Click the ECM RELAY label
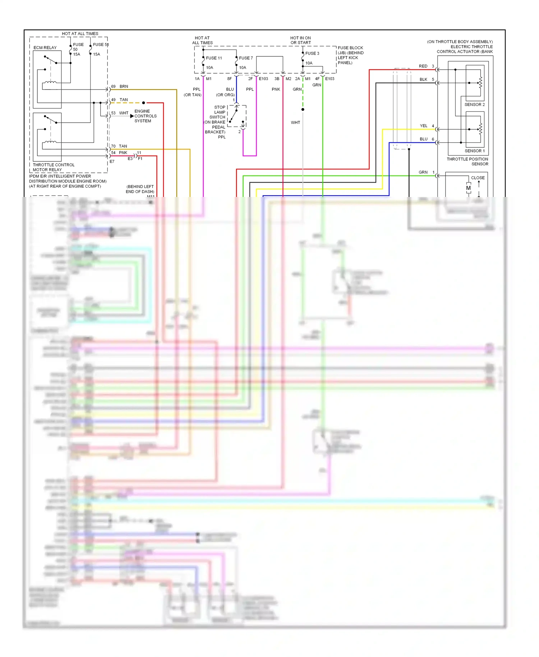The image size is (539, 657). [45, 47]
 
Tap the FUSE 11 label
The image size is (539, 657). [214, 58]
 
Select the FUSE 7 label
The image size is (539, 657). [246, 58]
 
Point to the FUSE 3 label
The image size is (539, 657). [312, 53]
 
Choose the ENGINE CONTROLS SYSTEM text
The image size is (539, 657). [145, 116]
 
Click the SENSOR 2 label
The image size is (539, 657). [474, 105]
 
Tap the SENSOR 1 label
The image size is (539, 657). [474, 151]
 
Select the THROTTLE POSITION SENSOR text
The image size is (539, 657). [467, 161]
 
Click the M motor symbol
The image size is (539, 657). [468, 188]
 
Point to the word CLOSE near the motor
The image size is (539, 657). [478, 178]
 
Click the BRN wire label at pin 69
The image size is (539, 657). [124, 87]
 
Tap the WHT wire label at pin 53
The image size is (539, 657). [124, 113]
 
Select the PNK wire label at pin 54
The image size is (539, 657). [123, 153]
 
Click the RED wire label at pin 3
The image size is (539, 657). [423, 66]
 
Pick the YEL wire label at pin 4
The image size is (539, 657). [423, 126]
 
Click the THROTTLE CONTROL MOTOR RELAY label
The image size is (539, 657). [54, 167]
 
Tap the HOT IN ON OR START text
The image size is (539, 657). [300, 40]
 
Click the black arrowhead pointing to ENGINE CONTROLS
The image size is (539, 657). [132, 116]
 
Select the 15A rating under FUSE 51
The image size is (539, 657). [96, 54]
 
